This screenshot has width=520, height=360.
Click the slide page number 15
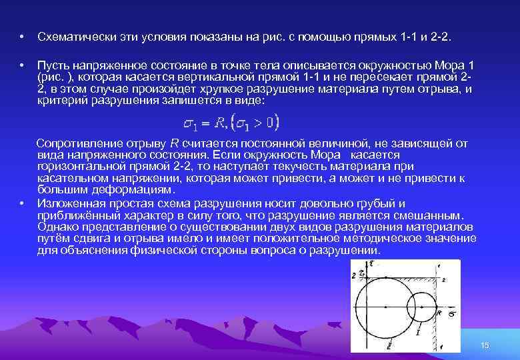(x=485, y=345)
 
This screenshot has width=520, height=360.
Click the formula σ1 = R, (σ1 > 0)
(x=231, y=123)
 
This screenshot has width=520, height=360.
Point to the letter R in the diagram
(x=439, y=312)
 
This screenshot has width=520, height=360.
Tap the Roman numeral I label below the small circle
(x=418, y=331)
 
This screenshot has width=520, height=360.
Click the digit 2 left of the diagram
(x=353, y=274)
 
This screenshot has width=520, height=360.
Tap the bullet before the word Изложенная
(x=22, y=203)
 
